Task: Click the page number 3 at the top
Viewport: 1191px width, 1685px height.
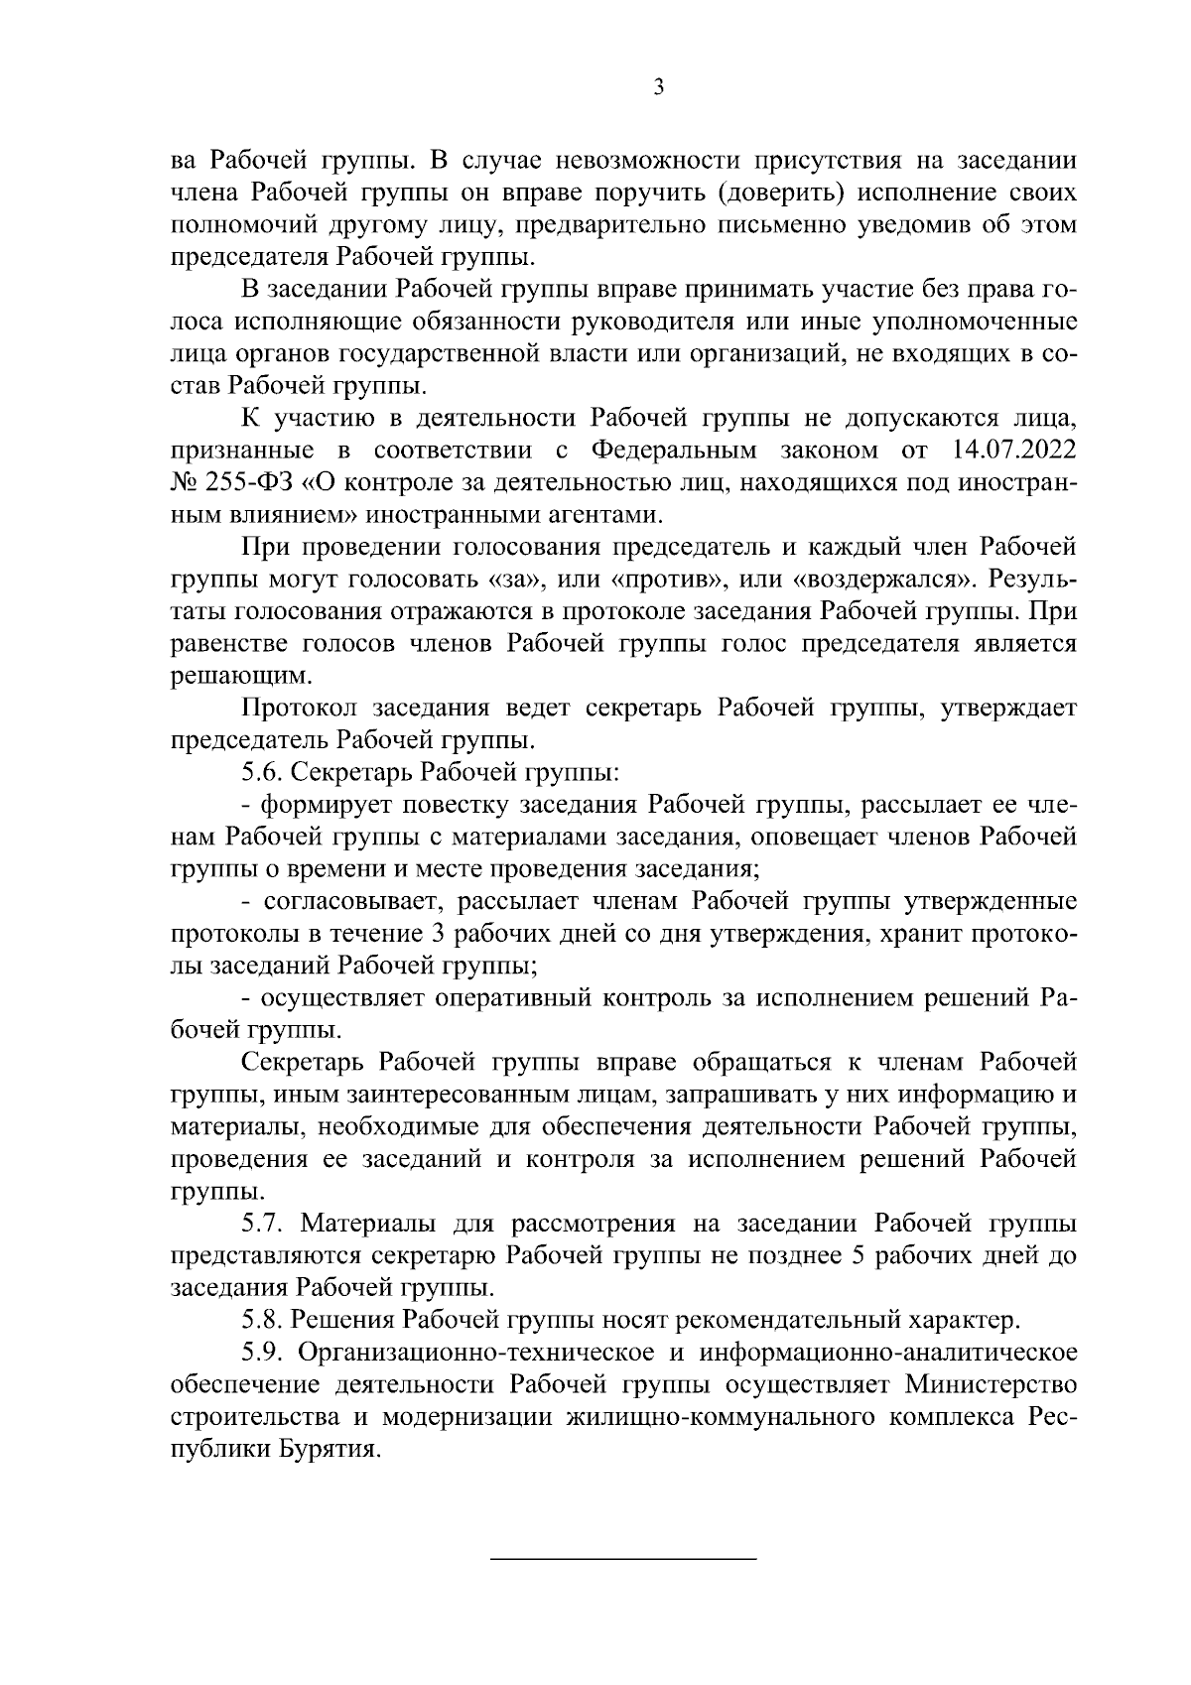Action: [659, 88]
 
